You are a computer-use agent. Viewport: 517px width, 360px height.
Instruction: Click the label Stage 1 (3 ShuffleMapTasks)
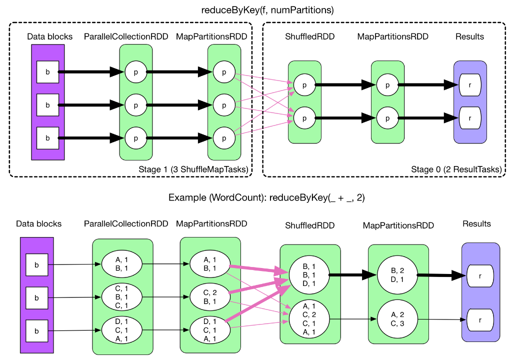(x=192, y=169)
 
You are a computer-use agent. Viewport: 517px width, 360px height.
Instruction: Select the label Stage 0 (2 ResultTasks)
(x=456, y=169)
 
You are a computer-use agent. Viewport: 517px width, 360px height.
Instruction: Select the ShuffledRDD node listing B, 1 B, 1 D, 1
(x=308, y=273)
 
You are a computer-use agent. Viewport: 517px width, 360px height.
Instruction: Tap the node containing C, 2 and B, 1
(x=209, y=297)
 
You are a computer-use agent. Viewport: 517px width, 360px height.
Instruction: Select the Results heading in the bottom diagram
(x=476, y=223)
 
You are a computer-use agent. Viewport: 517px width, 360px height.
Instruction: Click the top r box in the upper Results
(x=469, y=85)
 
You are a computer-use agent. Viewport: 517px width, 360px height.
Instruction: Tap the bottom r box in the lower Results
(x=480, y=319)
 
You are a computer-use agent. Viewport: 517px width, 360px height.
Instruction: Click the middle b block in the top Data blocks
(x=47, y=105)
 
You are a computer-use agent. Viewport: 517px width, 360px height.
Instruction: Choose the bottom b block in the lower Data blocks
(x=36, y=331)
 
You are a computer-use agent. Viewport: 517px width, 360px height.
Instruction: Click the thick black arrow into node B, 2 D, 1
(x=352, y=274)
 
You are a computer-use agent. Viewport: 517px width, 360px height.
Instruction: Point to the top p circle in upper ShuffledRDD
(x=304, y=85)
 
